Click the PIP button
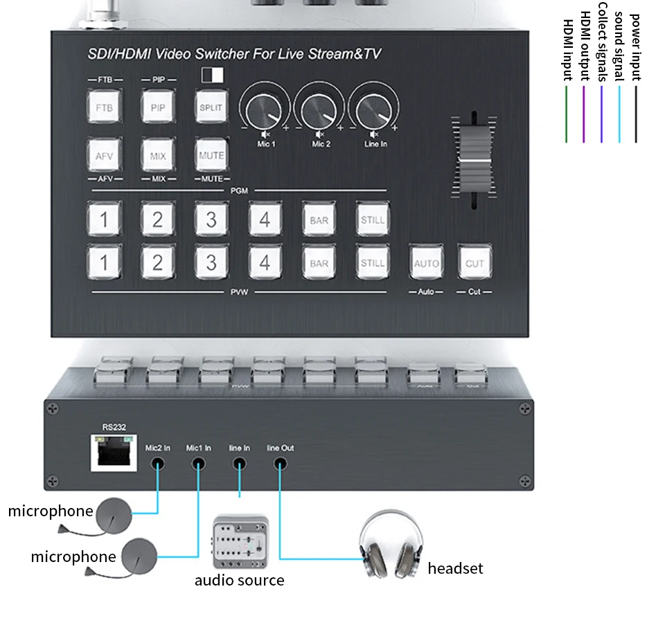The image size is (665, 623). click(158, 107)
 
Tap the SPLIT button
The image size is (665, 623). click(211, 107)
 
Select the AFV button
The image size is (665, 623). click(104, 156)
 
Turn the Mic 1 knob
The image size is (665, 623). click(264, 111)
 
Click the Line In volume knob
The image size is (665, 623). click(374, 111)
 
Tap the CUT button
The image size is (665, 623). click(475, 263)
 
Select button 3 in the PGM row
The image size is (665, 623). click(211, 220)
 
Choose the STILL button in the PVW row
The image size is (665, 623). click(373, 263)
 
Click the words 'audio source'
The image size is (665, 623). click(239, 580)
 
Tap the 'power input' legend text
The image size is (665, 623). click(635, 42)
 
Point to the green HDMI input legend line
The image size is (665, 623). click(567, 114)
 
